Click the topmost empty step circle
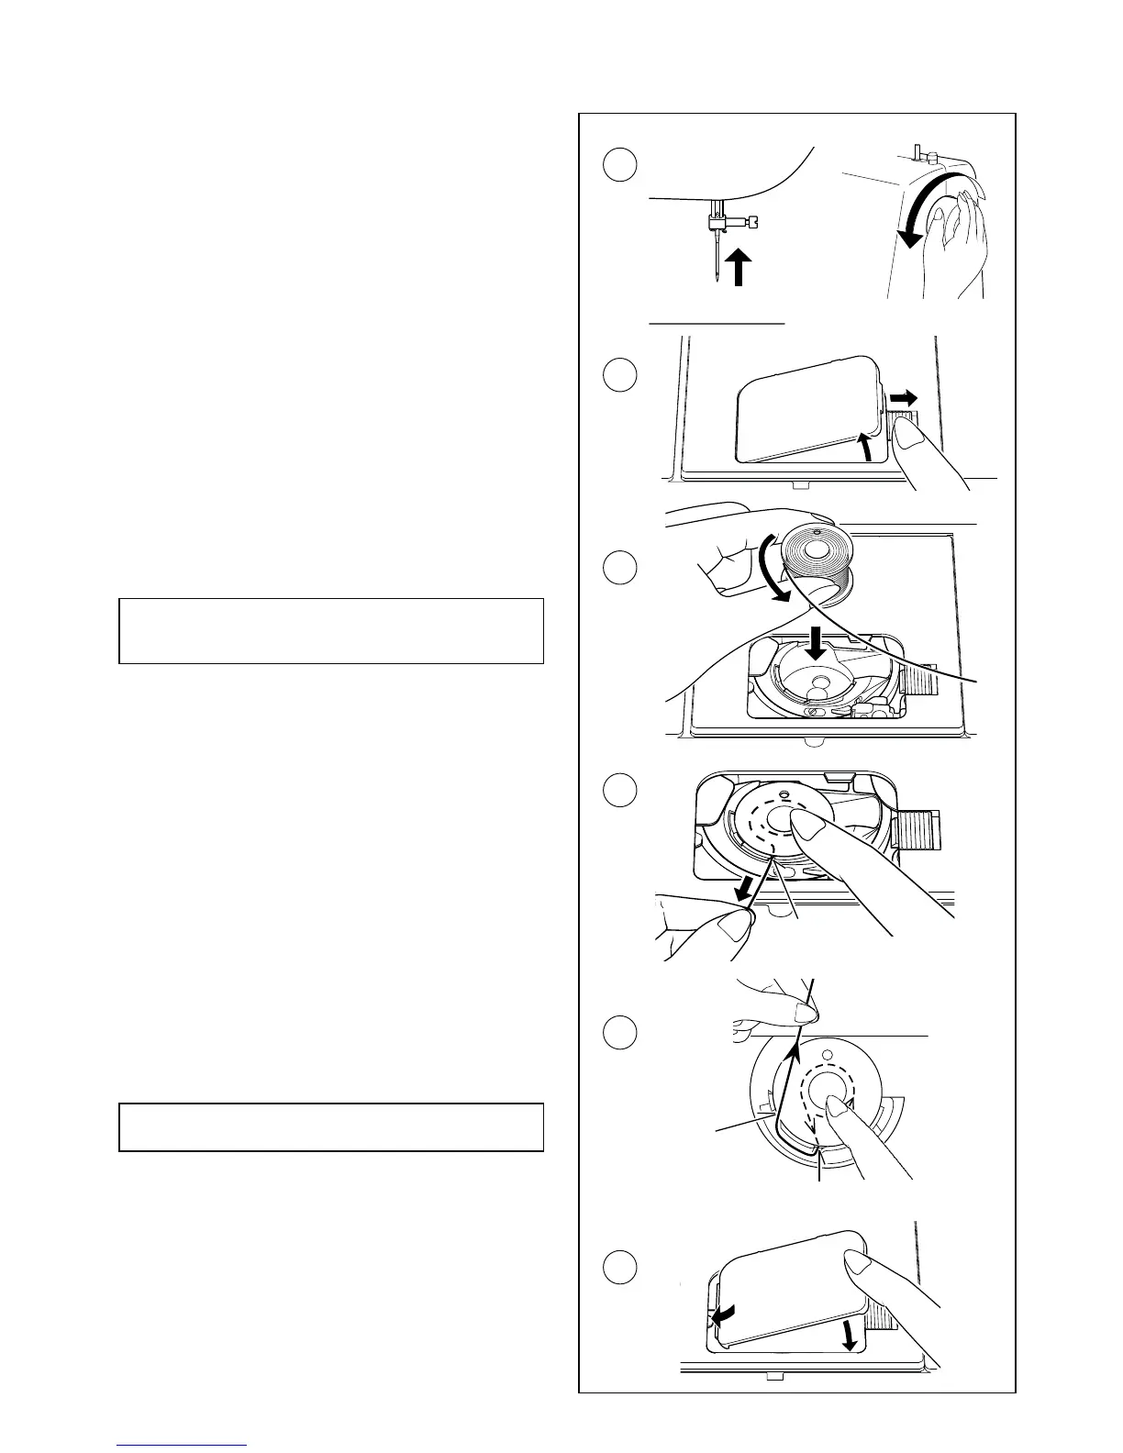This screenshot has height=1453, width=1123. (x=620, y=164)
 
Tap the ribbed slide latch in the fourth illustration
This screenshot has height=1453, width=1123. (x=918, y=831)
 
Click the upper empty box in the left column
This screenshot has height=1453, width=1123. (x=331, y=630)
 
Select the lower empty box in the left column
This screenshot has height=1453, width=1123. (x=331, y=1126)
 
